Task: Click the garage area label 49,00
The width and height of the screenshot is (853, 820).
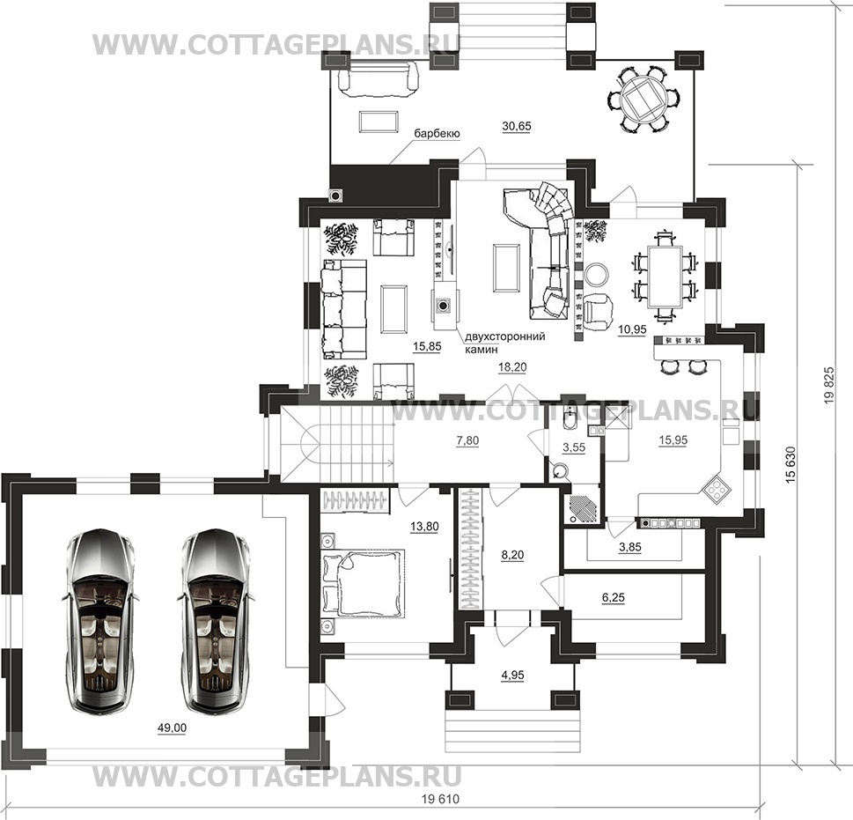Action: click(172, 728)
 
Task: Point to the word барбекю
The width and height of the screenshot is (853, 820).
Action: click(438, 134)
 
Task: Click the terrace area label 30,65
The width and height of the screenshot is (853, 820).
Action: click(516, 126)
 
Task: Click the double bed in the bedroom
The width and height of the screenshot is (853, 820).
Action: click(364, 583)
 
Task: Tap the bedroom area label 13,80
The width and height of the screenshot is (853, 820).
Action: click(424, 526)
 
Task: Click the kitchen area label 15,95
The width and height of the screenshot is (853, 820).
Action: click(673, 440)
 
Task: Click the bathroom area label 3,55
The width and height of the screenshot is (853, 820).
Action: click(574, 447)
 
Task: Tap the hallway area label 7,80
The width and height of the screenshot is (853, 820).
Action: click(467, 440)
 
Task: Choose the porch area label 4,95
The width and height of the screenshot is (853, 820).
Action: click(512, 676)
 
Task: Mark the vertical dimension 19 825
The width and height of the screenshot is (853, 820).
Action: click(829, 385)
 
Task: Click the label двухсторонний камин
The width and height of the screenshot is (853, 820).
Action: click(505, 343)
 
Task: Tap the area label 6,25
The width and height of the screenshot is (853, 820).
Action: click(613, 597)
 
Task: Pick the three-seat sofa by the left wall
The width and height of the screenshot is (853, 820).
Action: click(344, 309)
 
